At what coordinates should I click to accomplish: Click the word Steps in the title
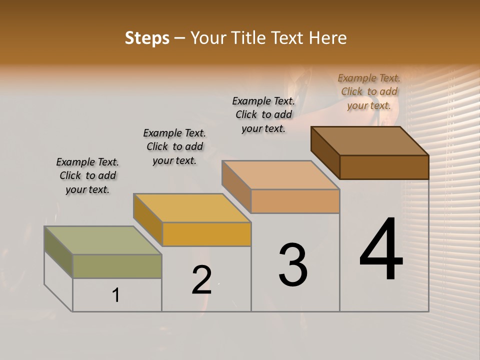(x=147, y=38)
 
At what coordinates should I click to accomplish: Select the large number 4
(x=381, y=250)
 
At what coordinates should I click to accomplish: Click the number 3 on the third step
(x=293, y=264)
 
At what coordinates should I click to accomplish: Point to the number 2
(x=201, y=280)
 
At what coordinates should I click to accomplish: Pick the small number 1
(x=116, y=295)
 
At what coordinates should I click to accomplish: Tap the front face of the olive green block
(x=117, y=266)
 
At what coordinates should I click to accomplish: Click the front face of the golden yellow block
(x=206, y=234)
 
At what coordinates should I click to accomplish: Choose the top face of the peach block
(x=280, y=175)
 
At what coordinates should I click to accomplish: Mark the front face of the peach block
(x=295, y=201)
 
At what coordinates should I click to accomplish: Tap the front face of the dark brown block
(x=384, y=167)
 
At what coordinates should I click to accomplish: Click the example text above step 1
(x=87, y=175)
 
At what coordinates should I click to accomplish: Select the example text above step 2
(x=174, y=146)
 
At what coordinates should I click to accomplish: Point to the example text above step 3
(x=263, y=114)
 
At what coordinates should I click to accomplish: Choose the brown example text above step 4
(x=369, y=91)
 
